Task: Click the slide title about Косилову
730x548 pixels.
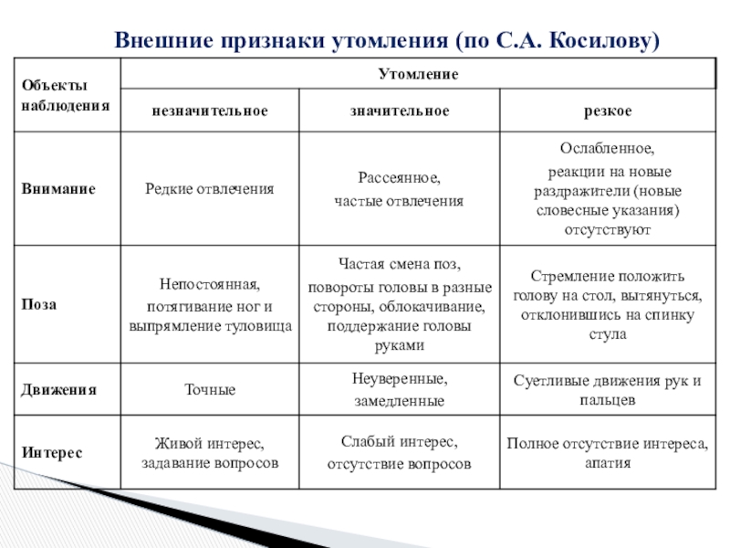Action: click(x=386, y=41)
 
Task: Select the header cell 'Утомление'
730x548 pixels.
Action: click(x=418, y=72)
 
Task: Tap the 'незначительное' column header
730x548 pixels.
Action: click(x=210, y=111)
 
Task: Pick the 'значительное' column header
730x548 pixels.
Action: click(x=400, y=111)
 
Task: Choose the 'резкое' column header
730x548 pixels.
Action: click(x=608, y=111)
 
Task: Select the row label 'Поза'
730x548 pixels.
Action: click(x=37, y=304)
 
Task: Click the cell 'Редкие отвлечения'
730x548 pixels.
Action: click(x=210, y=189)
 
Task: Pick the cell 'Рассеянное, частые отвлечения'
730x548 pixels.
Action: click(x=400, y=189)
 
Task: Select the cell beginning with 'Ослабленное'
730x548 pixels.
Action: click(x=608, y=189)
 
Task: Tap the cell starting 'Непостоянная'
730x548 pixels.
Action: click(x=210, y=304)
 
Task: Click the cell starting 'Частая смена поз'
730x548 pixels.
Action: click(x=400, y=304)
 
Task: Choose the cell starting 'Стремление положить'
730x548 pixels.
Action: click(x=608, y=304)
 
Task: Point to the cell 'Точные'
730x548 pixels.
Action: click(x=210, y=390)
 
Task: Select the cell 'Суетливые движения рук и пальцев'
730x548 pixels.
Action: click(x=608, y=390)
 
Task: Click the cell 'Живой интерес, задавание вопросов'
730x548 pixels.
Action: click(x=210, y=453)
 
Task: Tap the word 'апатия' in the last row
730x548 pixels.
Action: click(x=608, y=463)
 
